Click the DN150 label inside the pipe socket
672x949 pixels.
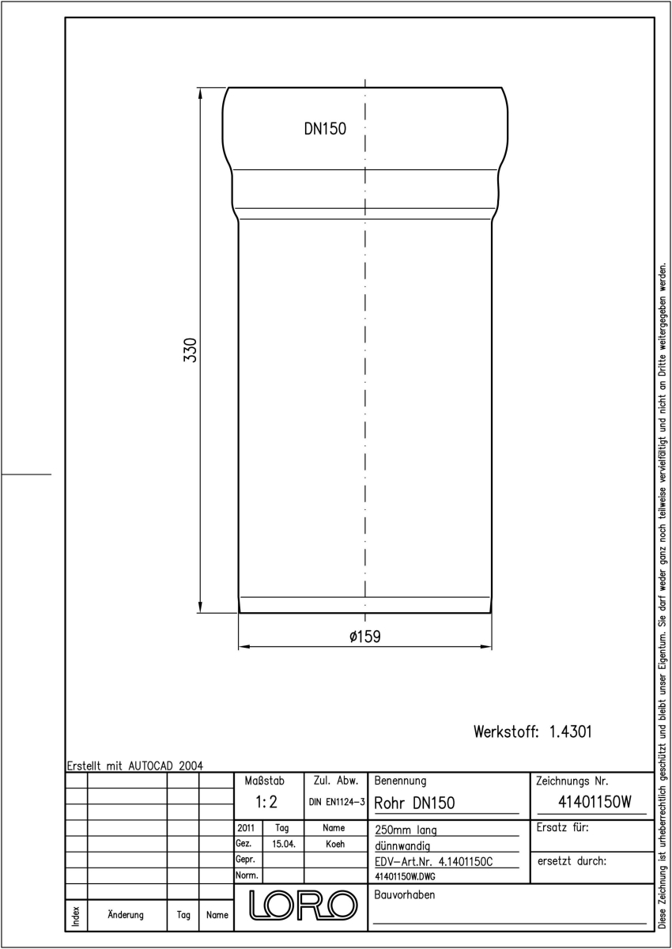point(325,129)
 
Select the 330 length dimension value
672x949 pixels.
point(191,350)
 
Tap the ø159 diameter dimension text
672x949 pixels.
point(365,637)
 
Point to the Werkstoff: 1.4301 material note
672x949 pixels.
point(532,732)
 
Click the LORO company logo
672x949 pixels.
point(303,906)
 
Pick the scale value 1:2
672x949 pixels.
point(266,802)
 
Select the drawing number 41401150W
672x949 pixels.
point(595,802)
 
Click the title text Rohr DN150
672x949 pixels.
point(414,803)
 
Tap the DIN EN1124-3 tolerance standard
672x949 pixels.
point(337,802)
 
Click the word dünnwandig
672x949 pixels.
point(402,846)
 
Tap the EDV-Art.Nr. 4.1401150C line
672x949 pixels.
point(434,862)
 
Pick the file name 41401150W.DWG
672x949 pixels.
point(405,876)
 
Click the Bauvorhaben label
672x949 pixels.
point(404,894)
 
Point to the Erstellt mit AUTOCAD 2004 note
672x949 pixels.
point(135,766)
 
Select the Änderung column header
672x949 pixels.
point(126,915)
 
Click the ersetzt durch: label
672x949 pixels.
point(572,861)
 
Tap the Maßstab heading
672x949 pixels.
point(265,781)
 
